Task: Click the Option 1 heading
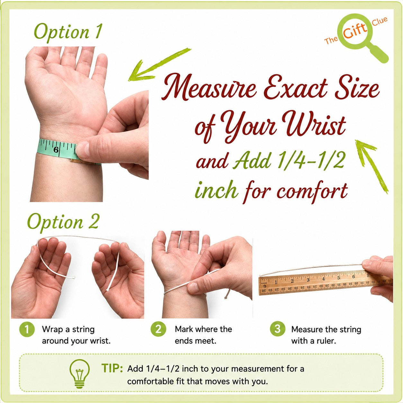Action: [x=68, y=32]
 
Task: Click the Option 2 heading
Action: [x=63, y=222]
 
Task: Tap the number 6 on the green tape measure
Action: [x=56, y=150]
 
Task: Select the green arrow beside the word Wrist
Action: [x=372, y=166]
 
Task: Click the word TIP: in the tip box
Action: [x=112, y=368]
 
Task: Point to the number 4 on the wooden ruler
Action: [x=324, y=279]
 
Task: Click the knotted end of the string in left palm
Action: [x=73, y=278]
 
